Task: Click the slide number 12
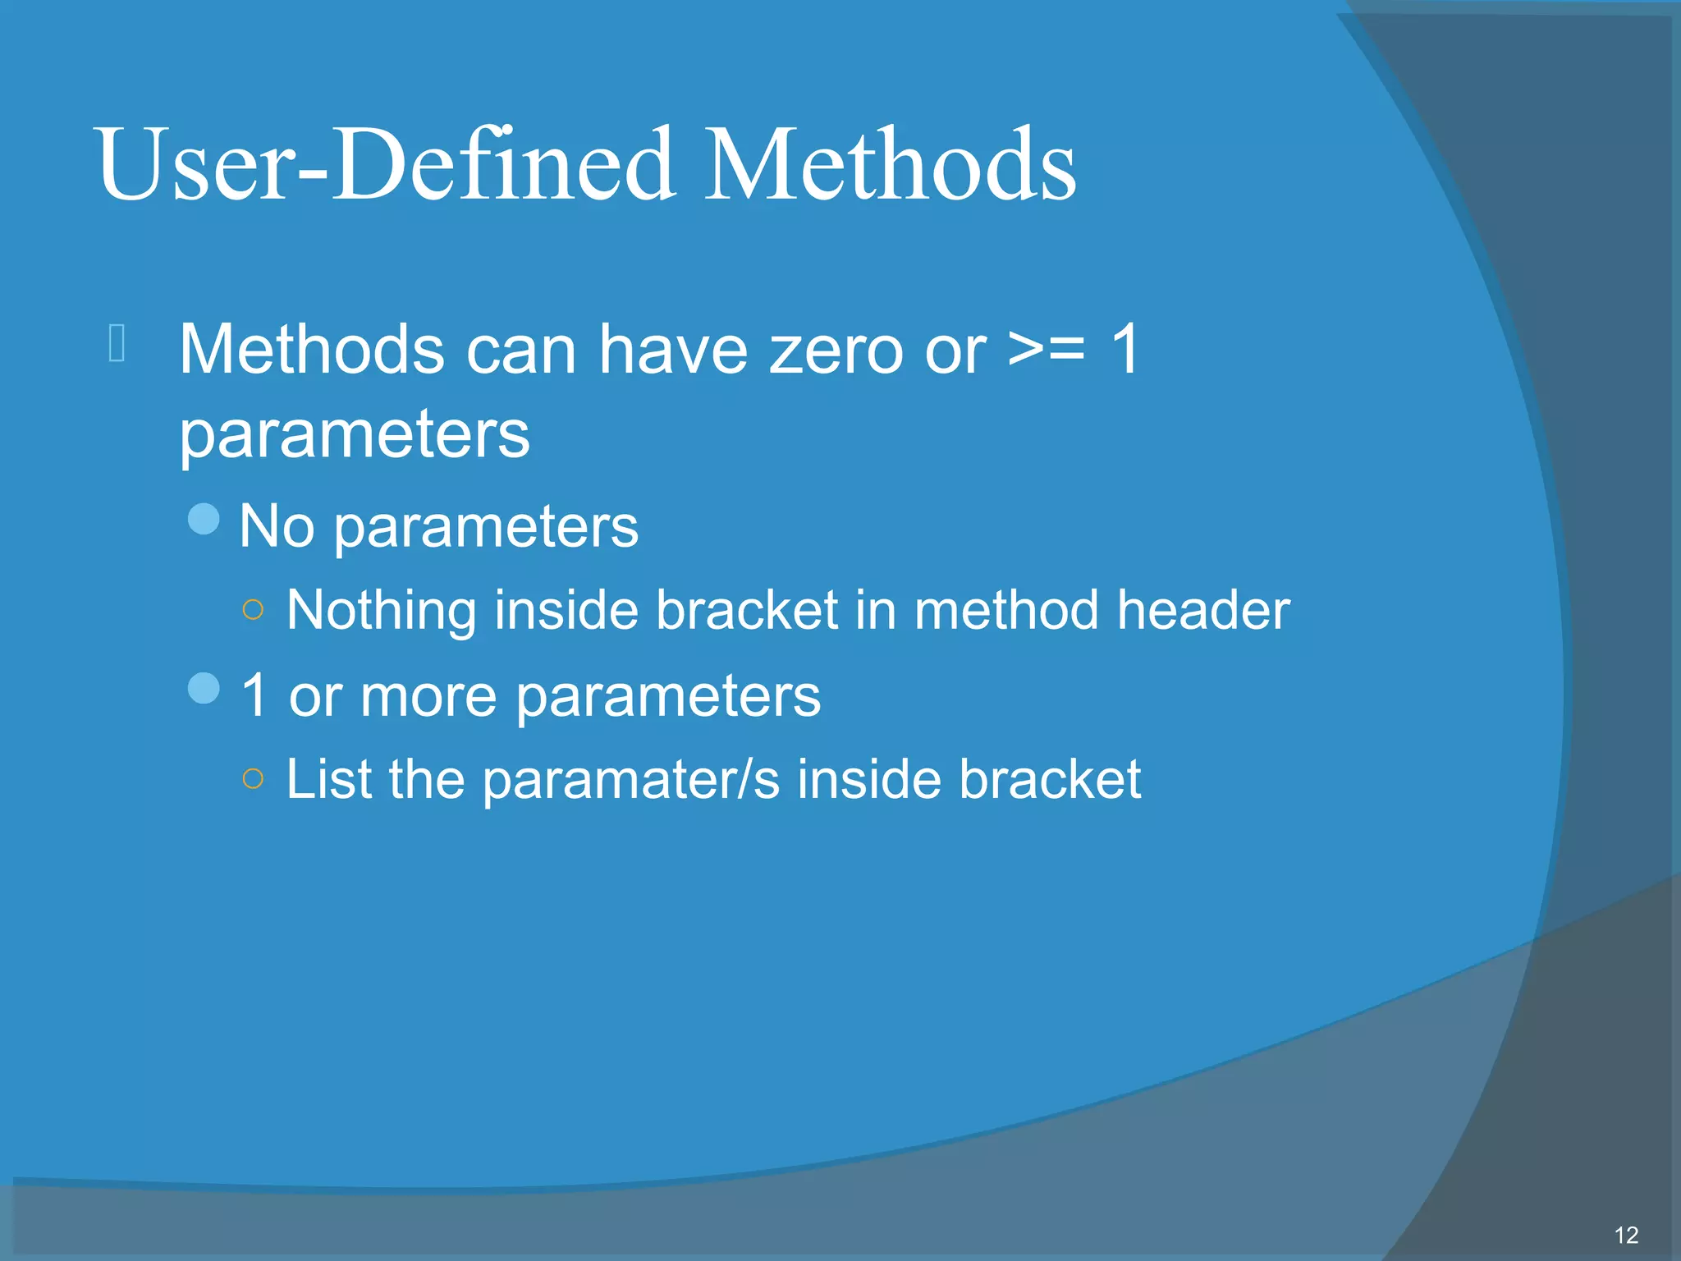pos(1626,1236)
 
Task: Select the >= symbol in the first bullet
pos(1047,350)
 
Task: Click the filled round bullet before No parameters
pos(204,519)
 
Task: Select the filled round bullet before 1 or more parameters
pos(204,688)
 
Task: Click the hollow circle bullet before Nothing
pos(254,609)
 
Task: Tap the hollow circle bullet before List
pos(254,777)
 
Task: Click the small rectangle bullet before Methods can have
pos(117,343)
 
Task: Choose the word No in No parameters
pos(277,526)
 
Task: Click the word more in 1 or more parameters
pos(428,697)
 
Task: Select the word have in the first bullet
pos(673,350)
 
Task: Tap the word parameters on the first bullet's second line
pos(355,435)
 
